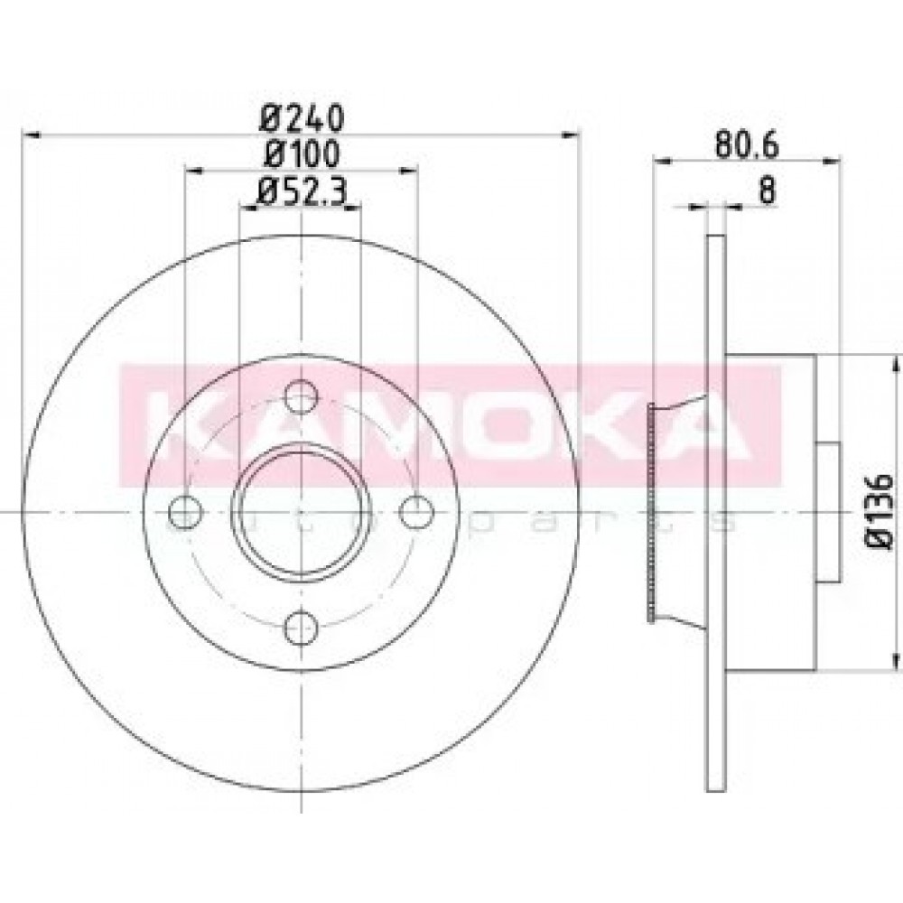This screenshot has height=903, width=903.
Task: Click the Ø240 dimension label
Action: tap(302, 118)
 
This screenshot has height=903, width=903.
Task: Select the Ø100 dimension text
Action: tap(302, 154)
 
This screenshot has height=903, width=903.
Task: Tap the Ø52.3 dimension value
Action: tap(302, 190)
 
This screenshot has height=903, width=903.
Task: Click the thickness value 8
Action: tap(767, 190)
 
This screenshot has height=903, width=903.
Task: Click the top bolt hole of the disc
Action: tap(302, 396)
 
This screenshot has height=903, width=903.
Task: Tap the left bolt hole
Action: tap(185, 511)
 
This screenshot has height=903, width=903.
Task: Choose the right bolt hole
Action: tap(416, 511)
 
